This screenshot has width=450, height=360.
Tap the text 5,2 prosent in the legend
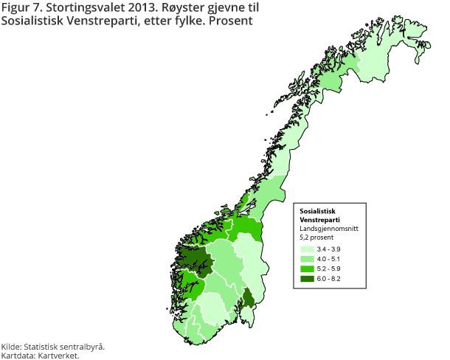[316, 238]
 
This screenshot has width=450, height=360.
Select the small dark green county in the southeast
[249, 299]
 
